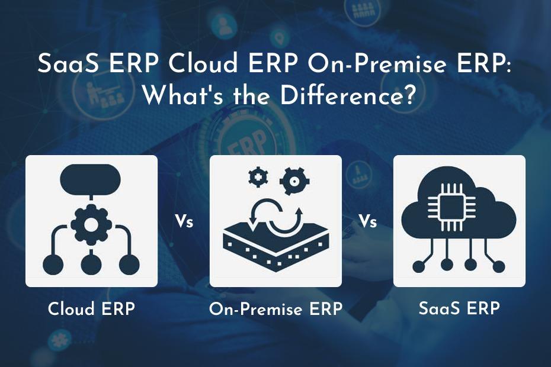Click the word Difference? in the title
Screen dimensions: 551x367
click(x=347, y=95)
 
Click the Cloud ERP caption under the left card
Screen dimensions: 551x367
click(x=91, y=309)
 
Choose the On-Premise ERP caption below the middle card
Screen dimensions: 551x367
click(x=275, y=309)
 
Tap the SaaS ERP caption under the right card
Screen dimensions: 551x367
click(x=459, y=308)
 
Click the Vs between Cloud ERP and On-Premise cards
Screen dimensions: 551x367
click(x=184, y=221)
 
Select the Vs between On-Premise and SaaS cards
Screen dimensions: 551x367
click(x=368, y=221)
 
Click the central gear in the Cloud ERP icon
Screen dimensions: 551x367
click(x=91, y=225)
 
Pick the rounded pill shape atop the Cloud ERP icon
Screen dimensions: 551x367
click(x=91, y=180)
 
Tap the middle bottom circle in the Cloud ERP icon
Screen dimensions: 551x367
click(x=91, y=264)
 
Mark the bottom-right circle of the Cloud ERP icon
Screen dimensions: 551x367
click(x=129, y=264)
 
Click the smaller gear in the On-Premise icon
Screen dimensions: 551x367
click(x=258, y=177)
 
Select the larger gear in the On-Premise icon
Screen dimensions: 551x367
click(x=294, y=181)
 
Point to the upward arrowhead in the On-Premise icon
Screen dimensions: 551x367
click(x=299, y=211)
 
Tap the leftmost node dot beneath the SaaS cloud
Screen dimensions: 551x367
click(x=418, y=266)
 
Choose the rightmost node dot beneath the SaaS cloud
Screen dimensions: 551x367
click(x=499, y=266)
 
